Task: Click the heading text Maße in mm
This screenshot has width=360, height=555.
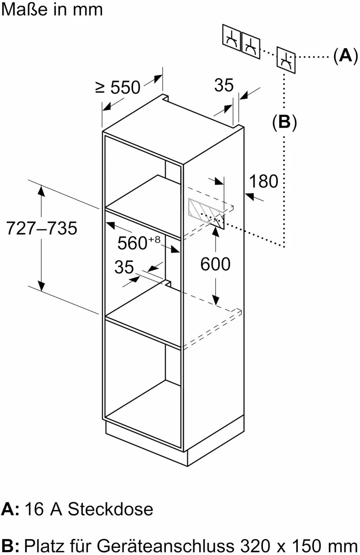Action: click(x=52, y=9)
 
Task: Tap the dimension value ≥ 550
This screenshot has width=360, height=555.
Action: click(x=118, y=87)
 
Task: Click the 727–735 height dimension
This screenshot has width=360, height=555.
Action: click(x=42, y=228)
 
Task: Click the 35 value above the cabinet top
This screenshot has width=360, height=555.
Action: click(x=224, y=85)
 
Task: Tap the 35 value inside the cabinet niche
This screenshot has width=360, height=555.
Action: click(x=124, y=267)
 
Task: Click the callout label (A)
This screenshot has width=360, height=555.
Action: click(x=345, y=55)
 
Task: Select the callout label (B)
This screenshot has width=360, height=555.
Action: click(x=284, y=122)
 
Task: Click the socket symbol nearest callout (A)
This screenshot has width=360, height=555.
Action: click(x=286, y=60)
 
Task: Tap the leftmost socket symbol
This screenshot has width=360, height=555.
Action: click(x=231, y=38)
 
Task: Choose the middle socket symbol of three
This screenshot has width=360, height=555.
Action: click(x=251, y=46)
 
